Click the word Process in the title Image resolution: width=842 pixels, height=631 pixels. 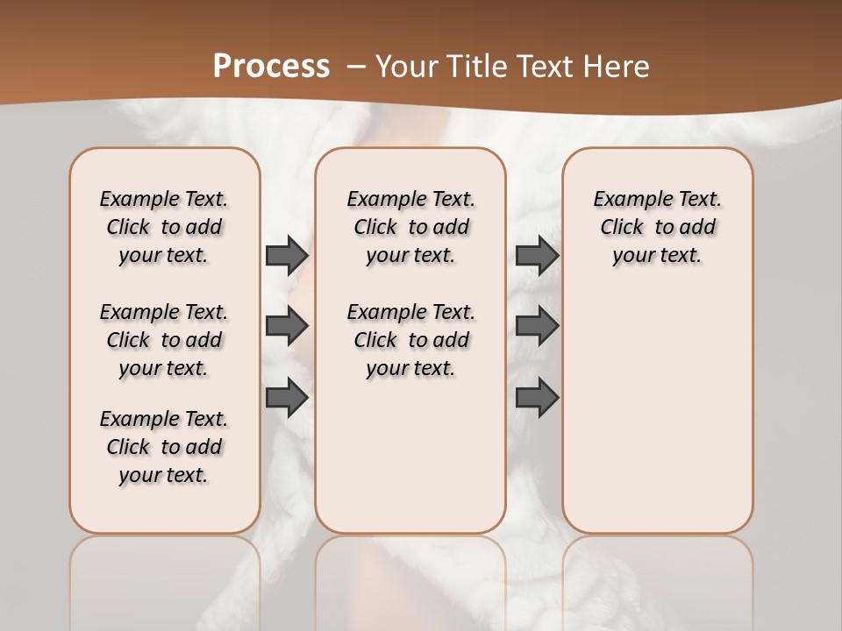tap(271, 67)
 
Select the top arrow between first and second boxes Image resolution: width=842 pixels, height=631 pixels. tap(287, 256)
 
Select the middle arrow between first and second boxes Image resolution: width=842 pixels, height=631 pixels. tap(287, 326)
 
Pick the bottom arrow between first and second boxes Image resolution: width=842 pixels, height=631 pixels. tap(287, 398)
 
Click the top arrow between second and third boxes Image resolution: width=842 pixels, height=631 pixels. tap(537, 256)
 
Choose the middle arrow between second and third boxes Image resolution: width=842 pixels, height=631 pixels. tap(537, 326)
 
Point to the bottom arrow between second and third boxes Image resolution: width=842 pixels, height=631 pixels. tap(537, 398)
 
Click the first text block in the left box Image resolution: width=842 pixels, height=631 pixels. tap(164, 227)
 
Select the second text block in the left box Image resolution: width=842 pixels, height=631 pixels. tap(164, 340)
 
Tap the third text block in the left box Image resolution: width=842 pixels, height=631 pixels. tap(164, 447)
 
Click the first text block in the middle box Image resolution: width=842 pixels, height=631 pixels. tap(411, 227)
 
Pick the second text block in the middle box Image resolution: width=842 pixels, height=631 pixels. tap(411, 340)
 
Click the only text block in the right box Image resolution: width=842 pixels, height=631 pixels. tap(658, 227)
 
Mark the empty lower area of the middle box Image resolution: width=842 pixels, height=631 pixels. tap(410, 456)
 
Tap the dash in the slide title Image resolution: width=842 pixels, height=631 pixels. tap(356, 67)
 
